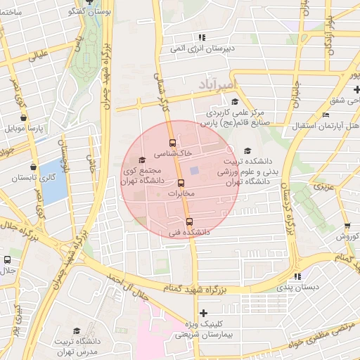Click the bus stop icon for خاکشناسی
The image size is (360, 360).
point(173,143)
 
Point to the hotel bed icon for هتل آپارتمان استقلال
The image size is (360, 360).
point(325,115)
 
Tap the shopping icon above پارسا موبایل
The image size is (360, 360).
point(25,118)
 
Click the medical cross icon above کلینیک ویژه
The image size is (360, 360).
point(203,313)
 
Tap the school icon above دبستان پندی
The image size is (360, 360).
point(297,276)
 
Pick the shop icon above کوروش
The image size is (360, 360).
point(347,226)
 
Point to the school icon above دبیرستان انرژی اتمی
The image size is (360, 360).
point(202,37)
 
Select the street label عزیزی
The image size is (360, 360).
point(323,187)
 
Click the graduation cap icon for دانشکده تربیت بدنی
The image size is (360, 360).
point(247,150)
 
